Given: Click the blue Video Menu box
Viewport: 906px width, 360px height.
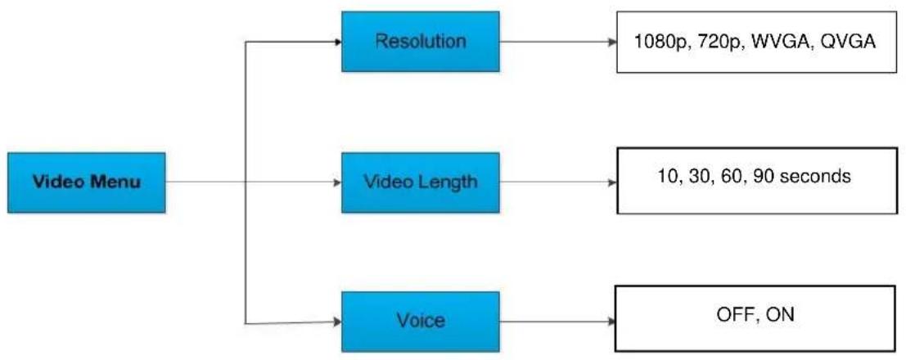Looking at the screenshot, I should coord(86,182).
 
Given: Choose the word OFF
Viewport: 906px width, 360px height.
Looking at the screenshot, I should coord(730,314).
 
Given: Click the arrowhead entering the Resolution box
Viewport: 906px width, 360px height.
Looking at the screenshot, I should coord(338,41).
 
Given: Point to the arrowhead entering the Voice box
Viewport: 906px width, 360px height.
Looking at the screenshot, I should coord(338,323).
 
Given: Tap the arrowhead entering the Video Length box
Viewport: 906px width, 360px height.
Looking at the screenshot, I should coord(338,182).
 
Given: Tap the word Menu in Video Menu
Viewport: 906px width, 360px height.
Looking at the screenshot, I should coord(111,182).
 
